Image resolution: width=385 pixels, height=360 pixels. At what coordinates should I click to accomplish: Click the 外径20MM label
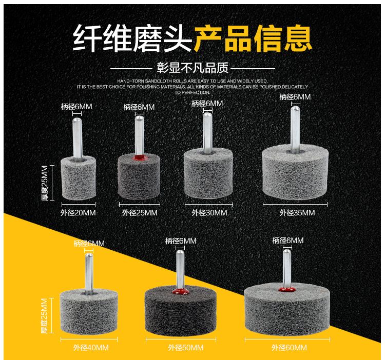click(78, 213)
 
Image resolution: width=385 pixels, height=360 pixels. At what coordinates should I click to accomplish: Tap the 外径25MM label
click(140, 213)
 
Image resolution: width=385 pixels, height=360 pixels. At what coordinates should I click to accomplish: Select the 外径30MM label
click(209, 213)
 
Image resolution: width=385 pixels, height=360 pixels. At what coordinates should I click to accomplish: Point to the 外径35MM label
click(297, 213)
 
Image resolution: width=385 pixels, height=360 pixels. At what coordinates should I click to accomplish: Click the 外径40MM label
click(91, 348)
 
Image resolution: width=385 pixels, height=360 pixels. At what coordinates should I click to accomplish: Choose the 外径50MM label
click(186, 348)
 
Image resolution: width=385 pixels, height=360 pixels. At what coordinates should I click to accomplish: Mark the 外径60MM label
click(289, 348)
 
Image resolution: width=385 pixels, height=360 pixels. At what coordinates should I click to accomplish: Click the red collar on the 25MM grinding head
click(139, 157)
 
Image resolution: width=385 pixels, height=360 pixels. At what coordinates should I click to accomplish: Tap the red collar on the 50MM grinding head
click(180, 291)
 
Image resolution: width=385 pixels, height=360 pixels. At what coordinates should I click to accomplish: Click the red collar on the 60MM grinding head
click(287, 289)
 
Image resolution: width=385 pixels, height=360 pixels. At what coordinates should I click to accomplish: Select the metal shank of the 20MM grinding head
click(78, 138)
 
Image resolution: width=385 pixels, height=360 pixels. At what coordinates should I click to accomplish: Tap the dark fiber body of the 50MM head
click(181, 311)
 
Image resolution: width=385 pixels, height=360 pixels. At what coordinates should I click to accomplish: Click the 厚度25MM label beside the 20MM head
click(45, 183)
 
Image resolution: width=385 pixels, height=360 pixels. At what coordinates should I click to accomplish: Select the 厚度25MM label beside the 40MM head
click(45, 315)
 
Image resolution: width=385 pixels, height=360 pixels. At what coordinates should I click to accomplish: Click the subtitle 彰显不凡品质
click(192, 68)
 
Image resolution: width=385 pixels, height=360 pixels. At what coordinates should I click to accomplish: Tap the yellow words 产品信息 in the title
click(253, 39)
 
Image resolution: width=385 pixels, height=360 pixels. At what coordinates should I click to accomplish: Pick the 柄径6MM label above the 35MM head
click(295, 97)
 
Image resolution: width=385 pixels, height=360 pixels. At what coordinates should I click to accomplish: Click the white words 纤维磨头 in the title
click(132, 39)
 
